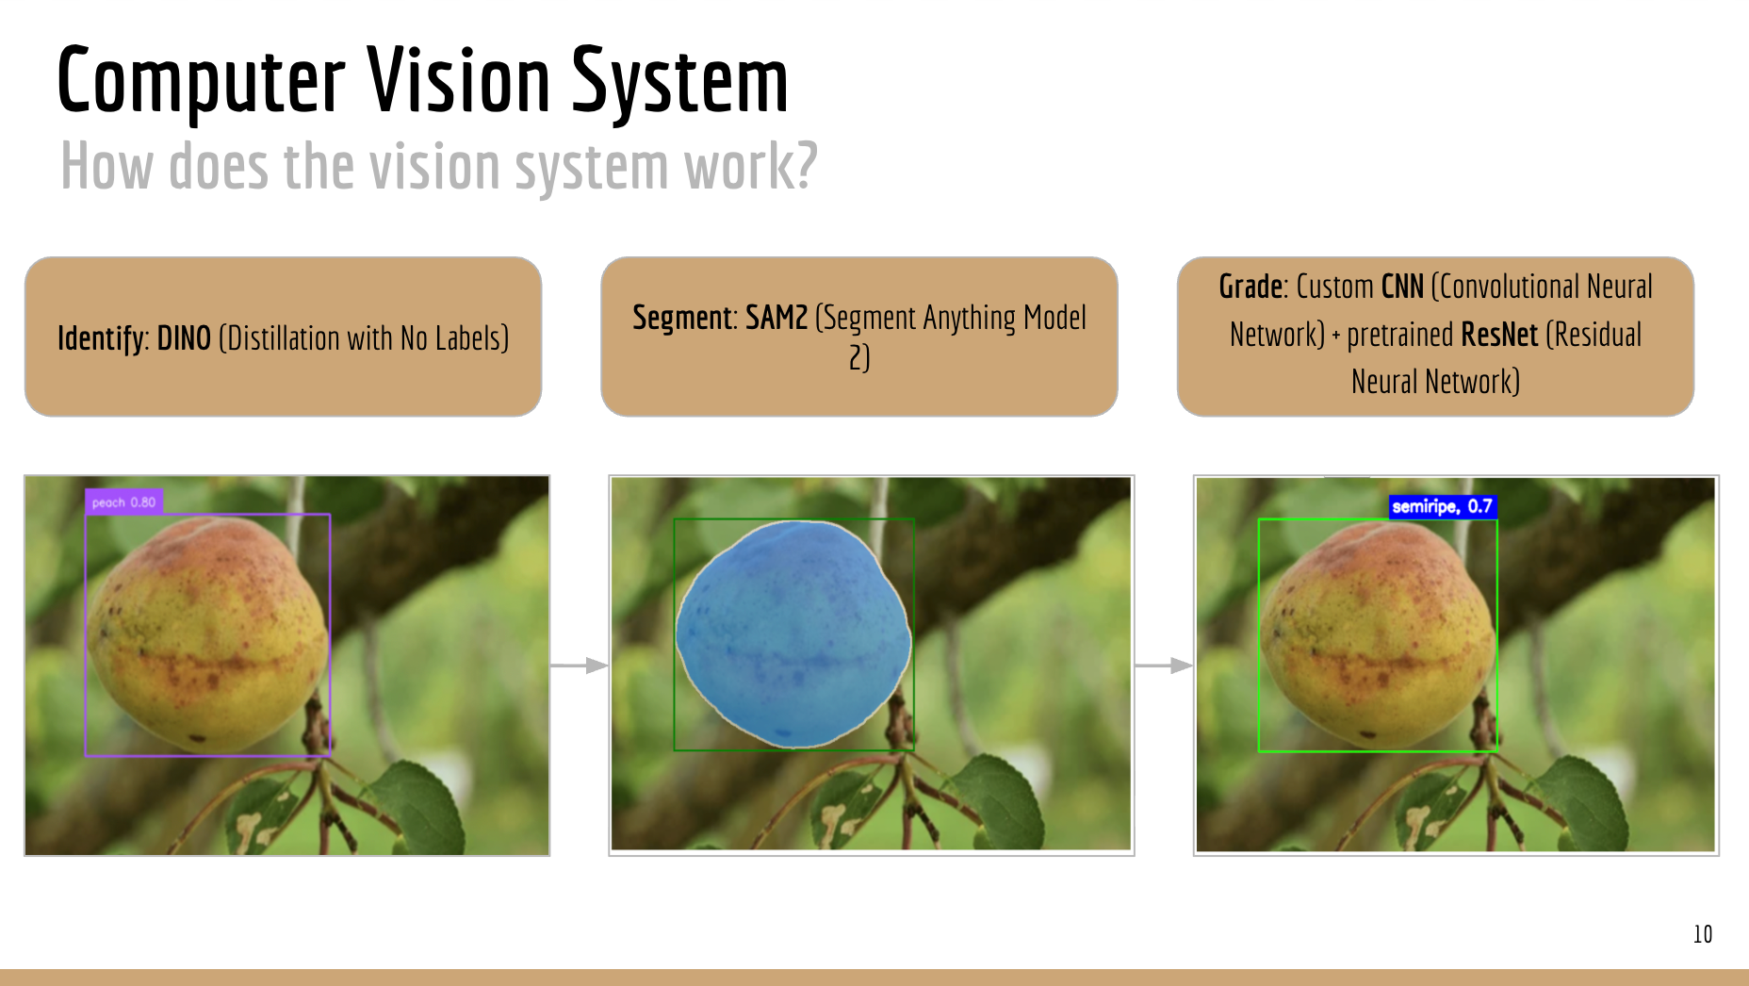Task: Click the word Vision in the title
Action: (458, 81)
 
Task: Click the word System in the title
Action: (679, 83)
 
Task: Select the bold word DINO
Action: (184, 338)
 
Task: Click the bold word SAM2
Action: (776, 319)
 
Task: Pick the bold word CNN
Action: (1402, 287)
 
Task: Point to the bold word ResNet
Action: (1499, 335)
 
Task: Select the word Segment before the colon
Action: (683, 319)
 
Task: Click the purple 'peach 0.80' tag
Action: (124, 502)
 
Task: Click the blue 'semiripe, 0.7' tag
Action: (1442, 507)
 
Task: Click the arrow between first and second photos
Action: (579, 666)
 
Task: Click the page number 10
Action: (1702, 934)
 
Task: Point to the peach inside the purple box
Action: (207, 633)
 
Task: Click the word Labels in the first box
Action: (471, 338)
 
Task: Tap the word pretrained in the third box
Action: (1400, 335)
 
